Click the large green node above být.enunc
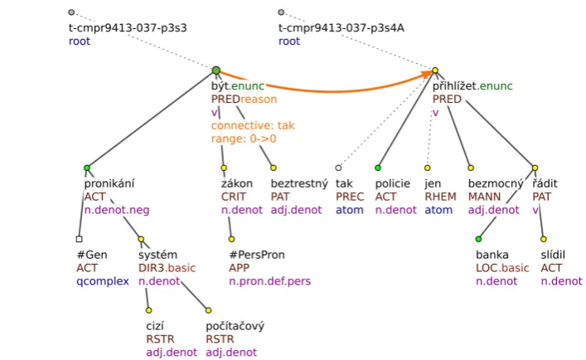click(216, 71)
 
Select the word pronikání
click(109, 183)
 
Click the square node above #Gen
click(79, 239)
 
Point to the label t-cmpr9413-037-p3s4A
click(341, 27)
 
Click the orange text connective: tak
click(253, 125)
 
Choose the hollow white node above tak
click(338, 168)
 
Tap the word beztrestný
click(299, 183)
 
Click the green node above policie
click(378, 168)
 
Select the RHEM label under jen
click(440, 197)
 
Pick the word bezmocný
click(496, 183)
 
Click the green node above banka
click(478, 239)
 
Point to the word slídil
click(553, 255)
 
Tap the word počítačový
click(235, 326)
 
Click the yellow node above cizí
click(148, 310)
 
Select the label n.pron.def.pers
click(270, 281)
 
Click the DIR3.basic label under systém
click(167, 268)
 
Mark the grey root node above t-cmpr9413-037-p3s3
click(71, 12)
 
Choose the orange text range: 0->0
click(244, 139)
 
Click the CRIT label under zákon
click(233, 197)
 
